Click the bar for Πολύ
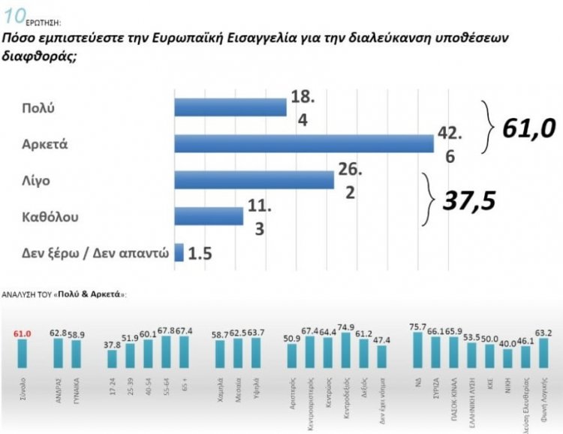pyautogui.click(x=230, y=107)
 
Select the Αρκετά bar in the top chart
pyautogui.click(x=304, y=143)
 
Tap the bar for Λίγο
pyautogui.click(x=254, y=179)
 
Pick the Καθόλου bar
pyautogui.click(x=208, y=216)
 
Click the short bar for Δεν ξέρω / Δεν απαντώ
pyautogui.click(x=179, y=252)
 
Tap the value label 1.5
pyautogui.click(x=200, y=253)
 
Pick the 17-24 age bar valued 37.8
pyautogui.click(x=112, y=359)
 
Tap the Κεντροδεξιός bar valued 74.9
pyautogui.click(x=345, y=351)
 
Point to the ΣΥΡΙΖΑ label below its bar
pyautogui.click(x=436, y=389)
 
